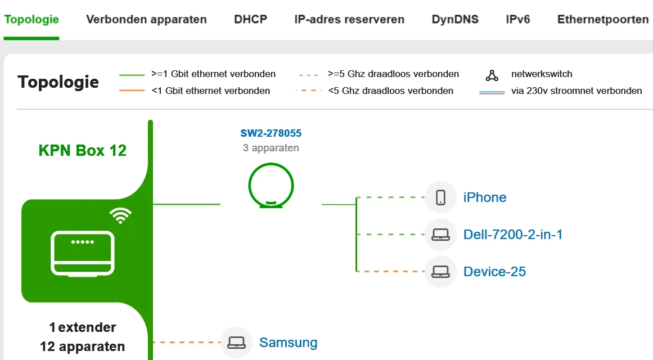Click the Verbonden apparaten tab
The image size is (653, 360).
click(x=146, y=20)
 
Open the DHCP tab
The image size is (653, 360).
click(x=250, y=20)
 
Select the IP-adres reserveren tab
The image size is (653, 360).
click(x=349, y=20)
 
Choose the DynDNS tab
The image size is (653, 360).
click(x=455, y=20)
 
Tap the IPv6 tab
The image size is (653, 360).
click(x=518, y=20)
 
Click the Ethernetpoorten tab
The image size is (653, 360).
click(x=603, y=20)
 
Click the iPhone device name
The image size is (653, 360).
click(x=485, y=197)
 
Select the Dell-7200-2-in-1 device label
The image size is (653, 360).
click(x=513, y=235)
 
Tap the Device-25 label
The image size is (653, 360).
click(x=494, y=272)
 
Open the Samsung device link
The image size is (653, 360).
click(x=288, y=343)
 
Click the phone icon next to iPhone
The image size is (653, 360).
click(x=441, y=197)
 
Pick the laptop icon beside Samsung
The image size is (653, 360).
click(x=236, y=343)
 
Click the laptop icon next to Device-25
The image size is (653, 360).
click(x=441, y=272)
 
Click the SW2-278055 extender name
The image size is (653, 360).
click(x=271, y=133)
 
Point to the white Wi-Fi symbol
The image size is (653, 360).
click(x=121, y=215)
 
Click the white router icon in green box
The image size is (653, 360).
click(x=83, y=253)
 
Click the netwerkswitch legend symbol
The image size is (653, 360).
click(x=492, y=75)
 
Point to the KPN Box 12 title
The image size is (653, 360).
click(x=83, y=150)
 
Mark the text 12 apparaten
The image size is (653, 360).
click(x=83, y=346)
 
